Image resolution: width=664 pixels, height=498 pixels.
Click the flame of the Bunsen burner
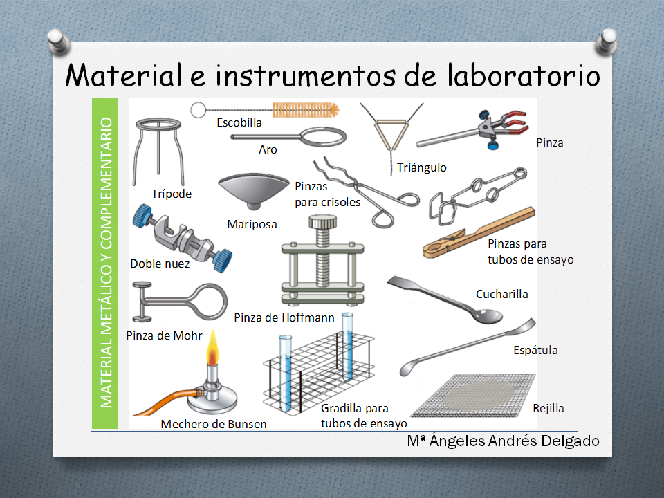pyautogui.click(x=212, y=349)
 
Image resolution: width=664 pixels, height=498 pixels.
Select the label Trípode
pyautogui.click(x=172, y=194)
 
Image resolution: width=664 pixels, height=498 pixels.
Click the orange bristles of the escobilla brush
pyautogui.click(x=305, y=110)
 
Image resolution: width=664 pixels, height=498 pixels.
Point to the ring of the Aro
pyautogui.click(x=323, y=129)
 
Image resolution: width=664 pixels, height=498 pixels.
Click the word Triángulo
pyautogui.click(x=422, y=167)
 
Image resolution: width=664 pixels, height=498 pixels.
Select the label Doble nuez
pyautogui.click(x=160, y=264)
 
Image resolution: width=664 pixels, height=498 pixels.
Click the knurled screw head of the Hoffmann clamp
pyautogui.click(x=323, y=221)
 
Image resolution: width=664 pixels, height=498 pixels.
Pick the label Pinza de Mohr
pyautogui.click(x=165, y=336)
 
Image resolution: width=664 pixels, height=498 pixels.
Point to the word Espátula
pyautogui.click(x=535, y=350)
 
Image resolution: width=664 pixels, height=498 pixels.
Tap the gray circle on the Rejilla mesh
pyautogui.click(x=478, y=396)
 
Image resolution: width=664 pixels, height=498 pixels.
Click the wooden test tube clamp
pyautogui.click(x=479, y=232)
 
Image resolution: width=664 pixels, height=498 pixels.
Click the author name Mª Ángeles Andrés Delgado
pyautogui.click(x=503, y=441)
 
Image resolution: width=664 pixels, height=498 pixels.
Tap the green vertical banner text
pyautogui.click(x=105, y=263)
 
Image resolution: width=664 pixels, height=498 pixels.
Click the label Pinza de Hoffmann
pyautogui.click(x=284, y=317)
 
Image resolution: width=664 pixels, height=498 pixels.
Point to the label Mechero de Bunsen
pyautogui.click(x=214, y=424)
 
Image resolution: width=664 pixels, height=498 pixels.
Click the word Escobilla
pyautogui.click(x=239, y=123)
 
